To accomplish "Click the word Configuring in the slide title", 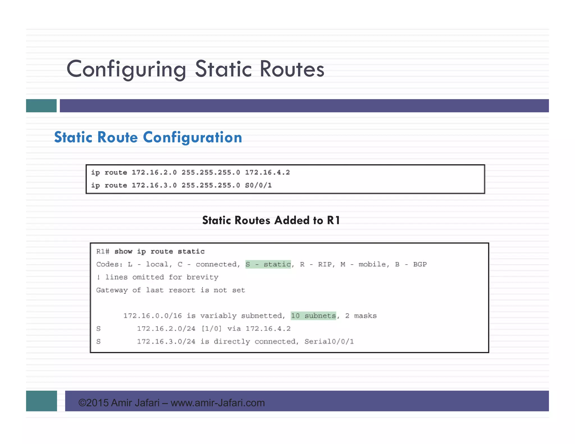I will click(126, 69).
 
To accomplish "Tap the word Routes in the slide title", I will click(292, 69).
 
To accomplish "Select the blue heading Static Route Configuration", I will click(148, 137).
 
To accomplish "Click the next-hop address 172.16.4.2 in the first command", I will click(267, 172).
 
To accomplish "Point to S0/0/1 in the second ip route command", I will click(258, 185).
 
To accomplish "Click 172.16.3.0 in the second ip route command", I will click(154, 185).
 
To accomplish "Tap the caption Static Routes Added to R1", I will click(271, 220).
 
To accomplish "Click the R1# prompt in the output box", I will click(102, 251).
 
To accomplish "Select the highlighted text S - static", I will click(268, 264).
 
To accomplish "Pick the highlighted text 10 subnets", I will click(313, 316).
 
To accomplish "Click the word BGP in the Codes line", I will click(420, 264).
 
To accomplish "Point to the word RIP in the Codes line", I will click(325, 264).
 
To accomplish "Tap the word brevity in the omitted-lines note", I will click(202, 277).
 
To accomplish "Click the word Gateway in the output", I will click(112, 290).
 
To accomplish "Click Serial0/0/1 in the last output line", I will click(329, 342).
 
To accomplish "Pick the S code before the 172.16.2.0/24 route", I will click(99, 329).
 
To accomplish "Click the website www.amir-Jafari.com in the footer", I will click(218, 403).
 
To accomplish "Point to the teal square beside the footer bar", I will click(42, 401).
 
